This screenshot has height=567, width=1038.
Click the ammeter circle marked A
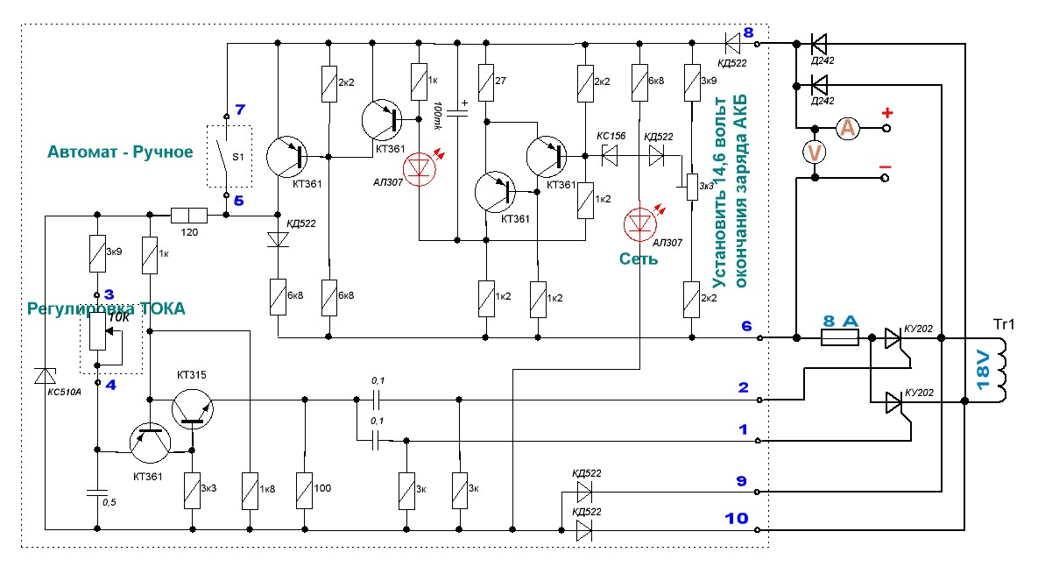pos(847,129)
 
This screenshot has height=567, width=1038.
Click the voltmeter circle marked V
pos(815,152)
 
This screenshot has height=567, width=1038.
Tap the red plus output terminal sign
pos(886,113)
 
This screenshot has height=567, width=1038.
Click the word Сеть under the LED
pos(639,259)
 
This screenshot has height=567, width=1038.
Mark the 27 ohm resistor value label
pos(500,81)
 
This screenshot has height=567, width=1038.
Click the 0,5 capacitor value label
pos(109,502)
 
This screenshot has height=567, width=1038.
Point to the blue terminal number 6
pos(747,326)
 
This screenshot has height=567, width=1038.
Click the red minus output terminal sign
pos(886,166)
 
